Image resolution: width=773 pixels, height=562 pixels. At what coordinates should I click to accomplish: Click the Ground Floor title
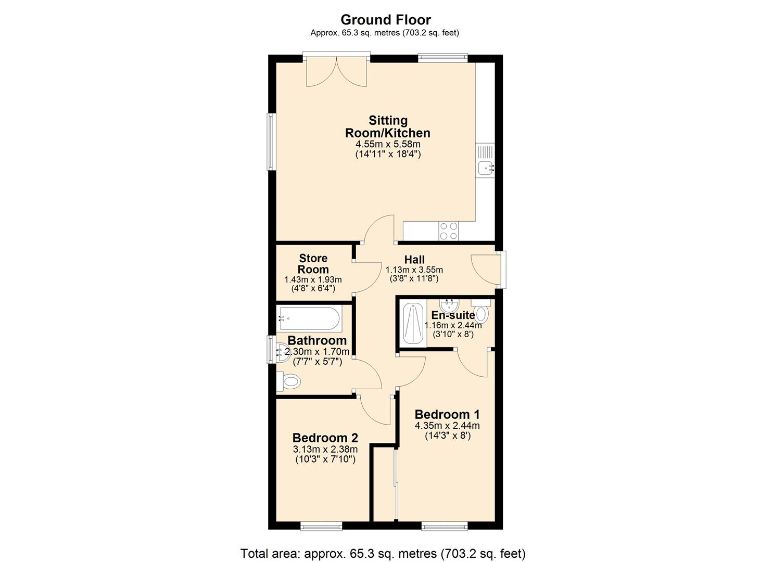(x=386, y=20)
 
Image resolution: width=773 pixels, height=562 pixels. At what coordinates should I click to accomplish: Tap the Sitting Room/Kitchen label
(x=388, y=127)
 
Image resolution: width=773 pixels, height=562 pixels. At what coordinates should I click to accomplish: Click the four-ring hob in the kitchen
(x=449, y=231)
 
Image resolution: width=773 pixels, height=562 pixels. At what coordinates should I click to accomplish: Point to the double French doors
(x=337, y=71)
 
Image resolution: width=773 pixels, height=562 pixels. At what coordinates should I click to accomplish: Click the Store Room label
(x=313, y=264)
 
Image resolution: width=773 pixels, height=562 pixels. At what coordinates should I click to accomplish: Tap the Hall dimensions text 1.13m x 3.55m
(x=414, y=270)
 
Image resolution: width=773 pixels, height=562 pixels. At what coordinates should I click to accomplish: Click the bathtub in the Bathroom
(x=309, y=318)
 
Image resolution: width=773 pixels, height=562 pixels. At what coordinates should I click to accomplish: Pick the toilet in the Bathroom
(x=289, y=382)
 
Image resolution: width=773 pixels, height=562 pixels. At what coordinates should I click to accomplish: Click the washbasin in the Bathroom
(x=282, y=353)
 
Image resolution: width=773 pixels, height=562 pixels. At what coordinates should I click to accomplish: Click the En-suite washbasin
(x=449, y=304)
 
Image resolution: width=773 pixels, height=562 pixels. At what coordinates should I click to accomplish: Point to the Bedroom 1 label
(x=447, y=414)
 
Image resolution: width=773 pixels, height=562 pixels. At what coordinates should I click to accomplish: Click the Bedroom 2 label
(x=325, y=438)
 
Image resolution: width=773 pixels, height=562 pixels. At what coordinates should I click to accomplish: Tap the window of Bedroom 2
(x=321, y=526)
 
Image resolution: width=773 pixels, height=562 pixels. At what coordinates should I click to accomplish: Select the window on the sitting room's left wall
(x=271, y=141)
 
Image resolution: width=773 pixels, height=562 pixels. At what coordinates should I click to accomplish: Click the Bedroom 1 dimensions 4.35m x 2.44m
(x=447, y=426)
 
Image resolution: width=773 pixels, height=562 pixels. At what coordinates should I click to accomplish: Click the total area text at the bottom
(x=383, y=553)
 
